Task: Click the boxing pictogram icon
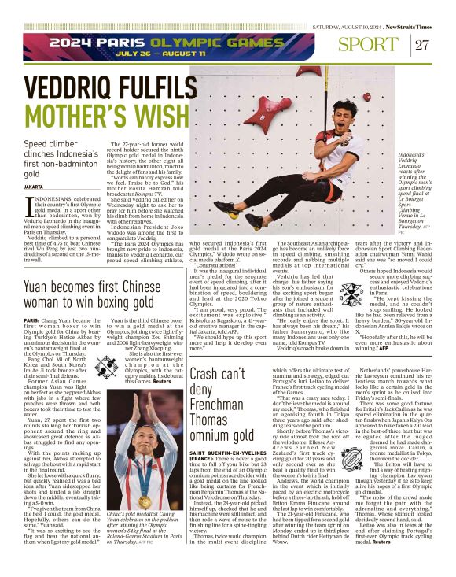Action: pyautogui.click(x=107, y=367)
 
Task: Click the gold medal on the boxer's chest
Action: pyautogui.click(x=145, y=501)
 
